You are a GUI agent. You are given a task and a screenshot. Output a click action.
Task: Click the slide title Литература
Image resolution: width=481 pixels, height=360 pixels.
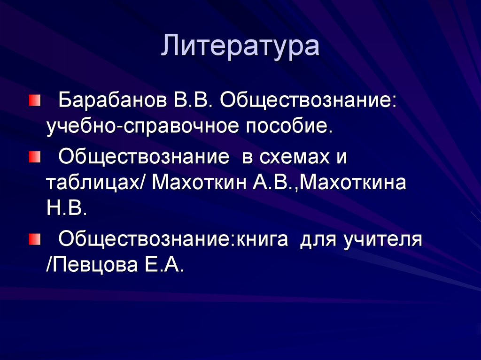pyautogui.click(x=240, y=47)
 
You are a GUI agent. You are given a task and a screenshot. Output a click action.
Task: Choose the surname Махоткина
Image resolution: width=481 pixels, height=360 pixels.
pyautogui.click(x=353, y=183)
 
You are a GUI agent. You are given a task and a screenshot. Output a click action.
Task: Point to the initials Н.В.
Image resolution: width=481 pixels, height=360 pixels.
pyautogui.click(x=66, y=208)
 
